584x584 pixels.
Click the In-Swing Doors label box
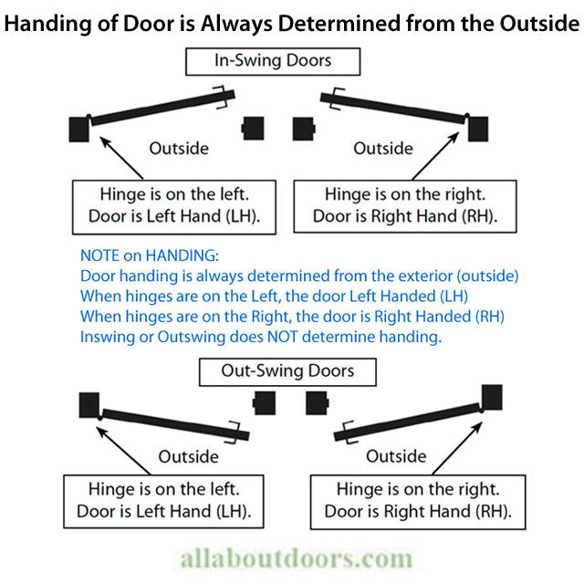[x=272, y=61]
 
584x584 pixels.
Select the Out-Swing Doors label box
[x=287, y=371]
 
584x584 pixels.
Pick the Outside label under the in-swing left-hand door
[x=178, y=148]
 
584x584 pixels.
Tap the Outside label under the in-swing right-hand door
[x=384, y=148]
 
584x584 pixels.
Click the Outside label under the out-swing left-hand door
[x=189, y=455]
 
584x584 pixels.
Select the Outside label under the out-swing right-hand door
[x=396, y=455]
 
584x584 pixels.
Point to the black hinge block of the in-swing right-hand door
[x=478, y=129]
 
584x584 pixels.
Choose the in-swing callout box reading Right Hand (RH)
[x=404, y=205]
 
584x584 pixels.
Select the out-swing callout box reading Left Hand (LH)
[x=163, y=500]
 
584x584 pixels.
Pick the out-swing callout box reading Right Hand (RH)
[x=417, y=500]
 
